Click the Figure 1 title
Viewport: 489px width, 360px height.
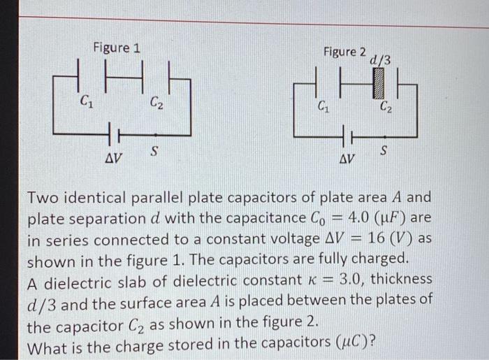click(117, 48)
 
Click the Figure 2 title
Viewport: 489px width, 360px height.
click(344, 52)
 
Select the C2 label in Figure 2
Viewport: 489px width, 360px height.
click(386, 108)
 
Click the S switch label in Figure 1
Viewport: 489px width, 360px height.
click(154, 151)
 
